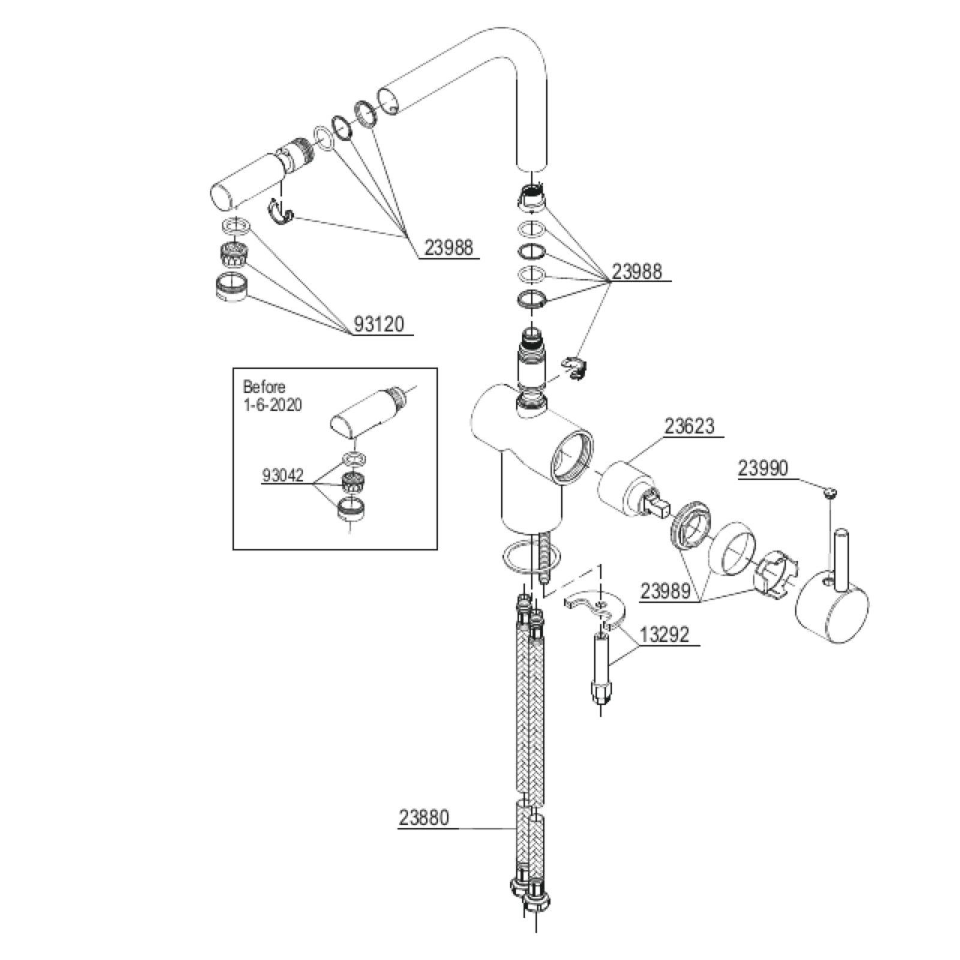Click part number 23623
point(689,426)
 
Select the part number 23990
point(763,468)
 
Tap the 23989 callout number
point(665,591)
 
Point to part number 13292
point(664,634)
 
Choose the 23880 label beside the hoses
point(424,817)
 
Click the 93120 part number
point(379,325)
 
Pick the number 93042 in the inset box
point(283,476)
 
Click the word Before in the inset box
point(264,387)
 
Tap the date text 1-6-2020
point(272,405)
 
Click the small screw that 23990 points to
point(830,494)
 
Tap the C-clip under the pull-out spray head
point(280,213)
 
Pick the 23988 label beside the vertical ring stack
point(637,272)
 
